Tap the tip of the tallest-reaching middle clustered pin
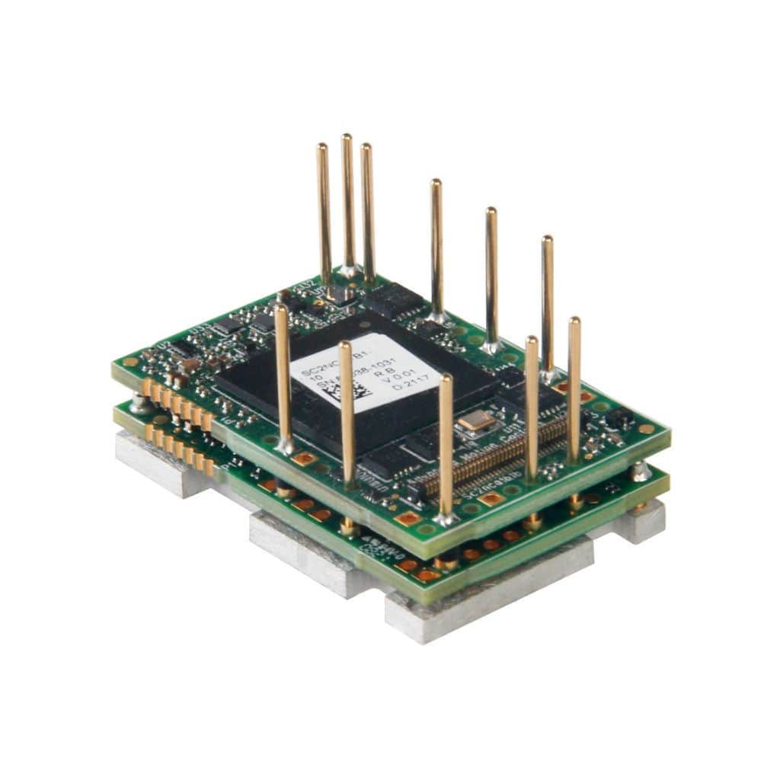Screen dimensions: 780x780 (347, 138)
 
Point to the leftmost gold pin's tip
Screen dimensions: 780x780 (282, 308)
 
